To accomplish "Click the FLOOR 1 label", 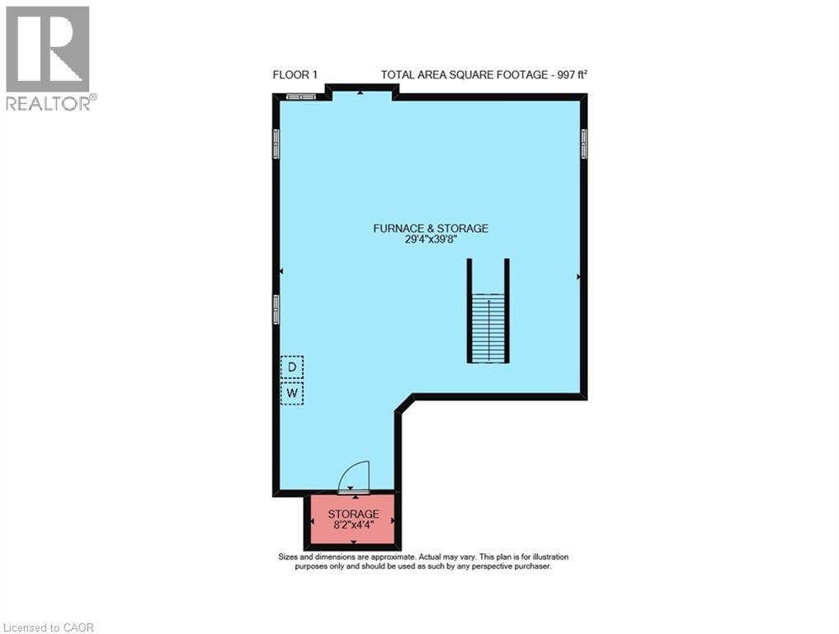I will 295,75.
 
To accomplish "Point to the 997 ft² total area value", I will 572,75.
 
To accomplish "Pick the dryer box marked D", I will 292,367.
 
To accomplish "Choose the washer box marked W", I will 292,394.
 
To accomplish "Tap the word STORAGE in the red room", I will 353,514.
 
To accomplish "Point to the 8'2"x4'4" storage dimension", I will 353,526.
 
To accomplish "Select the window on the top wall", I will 300,97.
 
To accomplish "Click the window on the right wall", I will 584,144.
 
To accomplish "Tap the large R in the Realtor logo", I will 48,49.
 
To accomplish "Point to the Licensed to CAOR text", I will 48,627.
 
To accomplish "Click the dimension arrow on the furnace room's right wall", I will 579,277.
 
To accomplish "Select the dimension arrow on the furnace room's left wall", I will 280,271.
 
